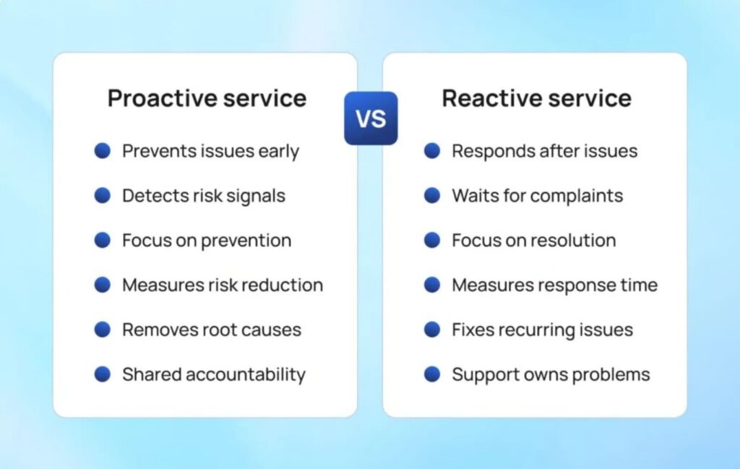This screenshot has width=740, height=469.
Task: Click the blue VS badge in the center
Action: coord(370,118)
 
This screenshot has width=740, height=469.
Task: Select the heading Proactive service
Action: coord(207,98)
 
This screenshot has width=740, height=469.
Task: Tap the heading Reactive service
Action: coord(536,98)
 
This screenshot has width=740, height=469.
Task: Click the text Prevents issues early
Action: coord(210,151)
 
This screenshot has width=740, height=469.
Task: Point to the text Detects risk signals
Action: coord(203,196)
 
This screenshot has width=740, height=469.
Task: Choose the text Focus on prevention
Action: coord(206,241)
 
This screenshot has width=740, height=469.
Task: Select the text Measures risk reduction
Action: coord(222,285)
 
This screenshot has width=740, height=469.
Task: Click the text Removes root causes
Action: coord(211,330)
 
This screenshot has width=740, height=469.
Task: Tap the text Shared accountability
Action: coord(213,374)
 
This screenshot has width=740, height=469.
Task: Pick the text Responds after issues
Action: coord(544,151)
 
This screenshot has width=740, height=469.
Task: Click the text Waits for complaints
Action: coord(537,196)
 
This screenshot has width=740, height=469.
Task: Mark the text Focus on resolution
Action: coord(533,241)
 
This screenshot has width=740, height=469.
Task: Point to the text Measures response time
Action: coord(554,285)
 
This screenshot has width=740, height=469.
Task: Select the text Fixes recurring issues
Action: coord(542,330)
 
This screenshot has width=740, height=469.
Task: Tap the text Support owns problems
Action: coord(551,374)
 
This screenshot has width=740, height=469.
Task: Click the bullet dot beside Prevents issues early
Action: coord(103,151)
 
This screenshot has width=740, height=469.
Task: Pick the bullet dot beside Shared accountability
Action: coord(103,374)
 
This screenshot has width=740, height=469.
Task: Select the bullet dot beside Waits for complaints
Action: coord(432,196)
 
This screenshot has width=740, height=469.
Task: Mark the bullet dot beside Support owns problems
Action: coord(432,374)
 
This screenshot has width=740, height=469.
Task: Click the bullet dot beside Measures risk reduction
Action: coord(103,285)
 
